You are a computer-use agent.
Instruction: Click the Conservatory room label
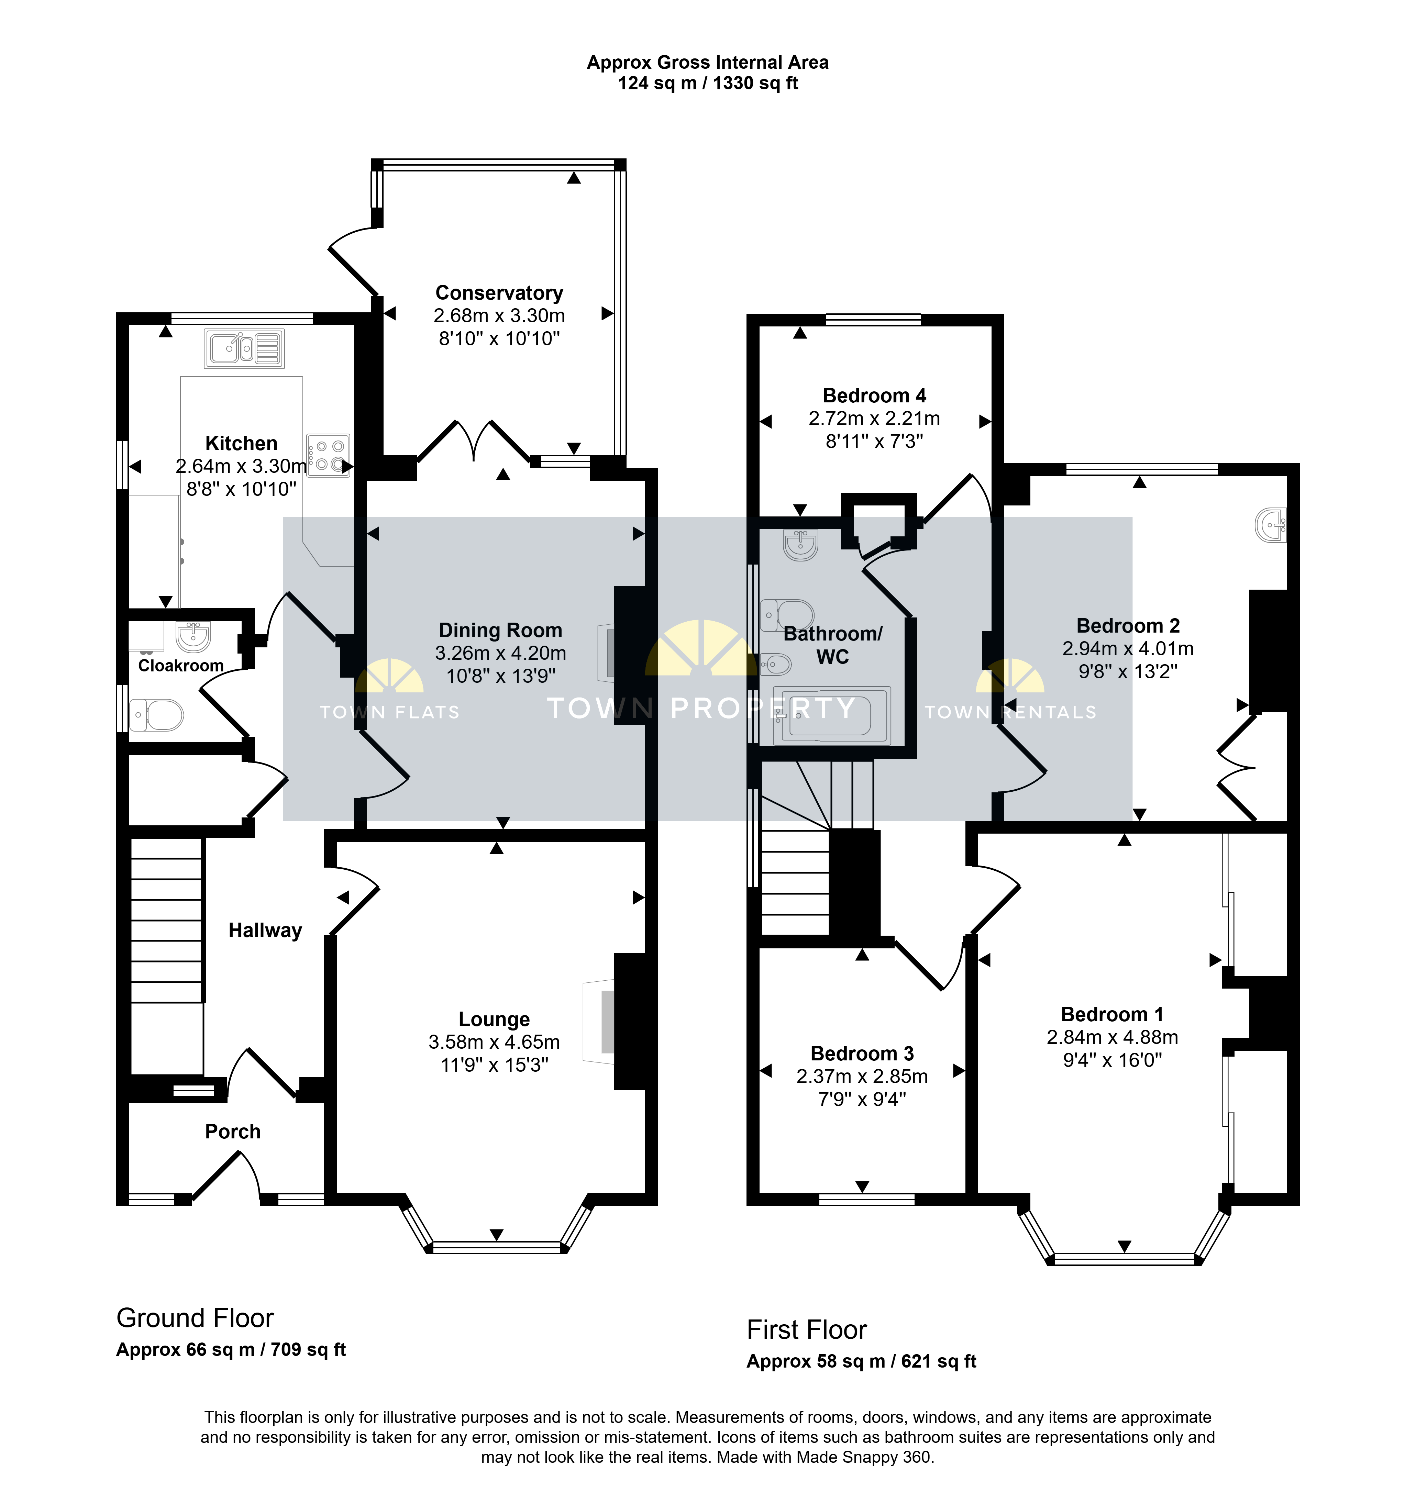click(x=499, y=293)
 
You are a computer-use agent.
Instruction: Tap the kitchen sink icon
click(x=244, y=349)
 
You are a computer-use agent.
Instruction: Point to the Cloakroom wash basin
click(x=193, y=636)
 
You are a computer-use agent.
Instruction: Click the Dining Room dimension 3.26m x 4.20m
click(x=500, y=653)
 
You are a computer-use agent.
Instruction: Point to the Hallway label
click(x=265, y=930)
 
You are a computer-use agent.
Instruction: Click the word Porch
click(x=232, y=1132)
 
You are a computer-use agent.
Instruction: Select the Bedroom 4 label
click(x=874, y=395)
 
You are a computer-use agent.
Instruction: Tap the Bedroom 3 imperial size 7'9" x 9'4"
click(x=862, y=1099)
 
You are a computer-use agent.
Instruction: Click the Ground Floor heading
click(x=195, y=1318)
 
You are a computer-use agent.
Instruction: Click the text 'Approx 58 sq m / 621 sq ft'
click(x=861, y=1361)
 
